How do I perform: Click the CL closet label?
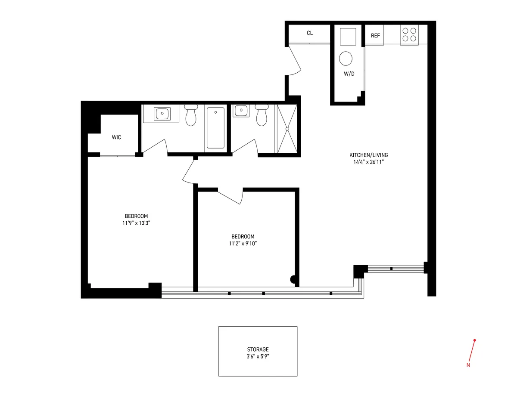point(309,33)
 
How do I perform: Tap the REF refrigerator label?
point(375,36)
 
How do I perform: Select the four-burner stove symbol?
point(409,34)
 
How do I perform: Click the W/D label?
point(349,74)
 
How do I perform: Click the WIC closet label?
point(116,137)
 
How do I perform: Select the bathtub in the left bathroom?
point(215,128)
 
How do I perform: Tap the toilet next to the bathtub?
point(190,115)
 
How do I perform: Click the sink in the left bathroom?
point(162,114)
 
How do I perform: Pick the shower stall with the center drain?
point(287,128)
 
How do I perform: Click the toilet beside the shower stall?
point(261,115)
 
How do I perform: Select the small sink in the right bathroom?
point(240,111)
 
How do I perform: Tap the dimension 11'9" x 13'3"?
point(136,223)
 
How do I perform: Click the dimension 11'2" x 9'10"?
point(243,243)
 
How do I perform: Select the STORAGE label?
point(258,350)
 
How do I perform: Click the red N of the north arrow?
point(468,365)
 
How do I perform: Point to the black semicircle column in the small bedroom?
point(294,280)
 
